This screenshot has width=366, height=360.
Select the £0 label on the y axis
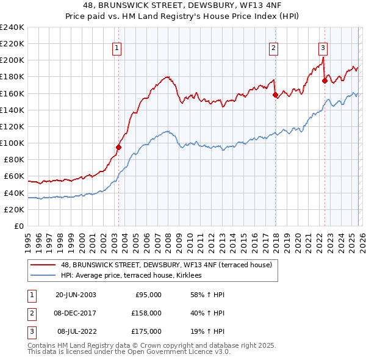tap(18, 226)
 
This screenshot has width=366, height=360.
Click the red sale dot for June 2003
tap(119, 147)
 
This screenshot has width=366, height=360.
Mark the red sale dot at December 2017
tap(275, 95)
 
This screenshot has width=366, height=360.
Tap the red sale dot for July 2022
tap(325, 81)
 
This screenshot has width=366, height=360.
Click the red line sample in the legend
tap(43, 265)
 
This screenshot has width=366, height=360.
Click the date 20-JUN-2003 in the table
tap(76, 295)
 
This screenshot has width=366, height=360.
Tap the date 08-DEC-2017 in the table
tap(76, 313)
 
